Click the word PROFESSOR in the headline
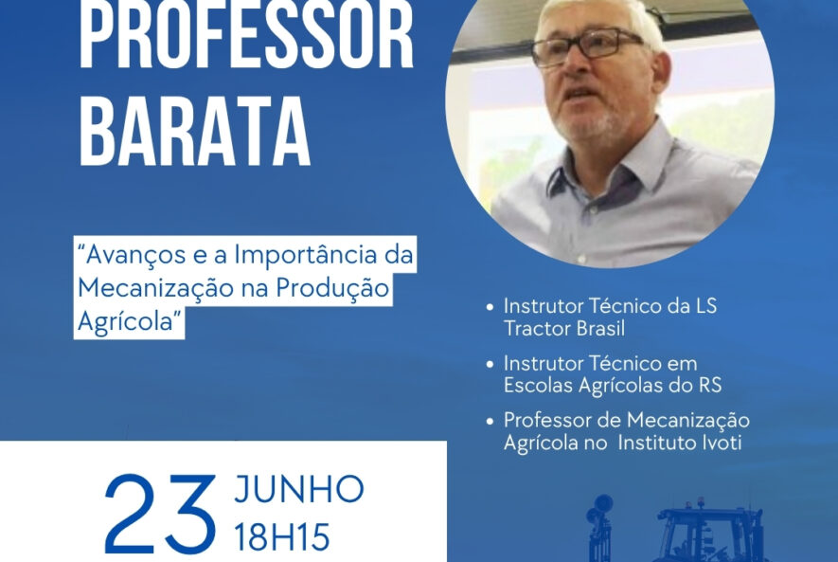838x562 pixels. point(246,35)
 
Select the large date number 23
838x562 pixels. point(160,514)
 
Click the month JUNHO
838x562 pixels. point(299,489)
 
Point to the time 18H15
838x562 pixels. point(282,536)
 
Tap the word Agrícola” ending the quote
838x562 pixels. point(128,322)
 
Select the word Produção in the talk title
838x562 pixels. point(332,289)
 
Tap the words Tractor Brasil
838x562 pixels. point(564,328)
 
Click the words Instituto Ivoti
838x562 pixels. point(680,443)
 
